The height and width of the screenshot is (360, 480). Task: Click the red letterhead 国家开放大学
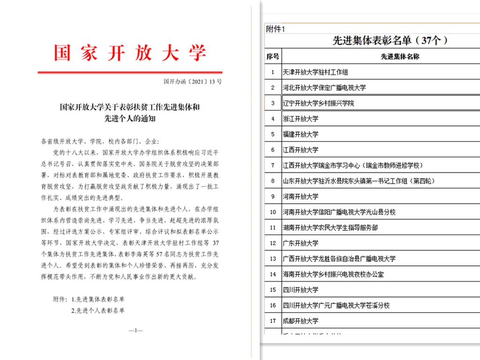[130, 53]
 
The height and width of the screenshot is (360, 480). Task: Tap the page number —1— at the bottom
[135, 331]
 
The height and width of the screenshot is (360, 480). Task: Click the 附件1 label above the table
[275, 29]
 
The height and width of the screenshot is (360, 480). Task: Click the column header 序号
[272, 57]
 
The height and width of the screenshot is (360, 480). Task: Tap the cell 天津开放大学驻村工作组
[315, 72]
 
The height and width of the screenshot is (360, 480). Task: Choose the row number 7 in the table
[272, 165]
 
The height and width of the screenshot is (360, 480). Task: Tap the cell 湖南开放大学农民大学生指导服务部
[330, 228]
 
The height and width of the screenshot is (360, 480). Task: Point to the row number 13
[272, 259]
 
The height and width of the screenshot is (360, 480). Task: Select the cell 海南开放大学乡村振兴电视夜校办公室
[333, 274]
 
